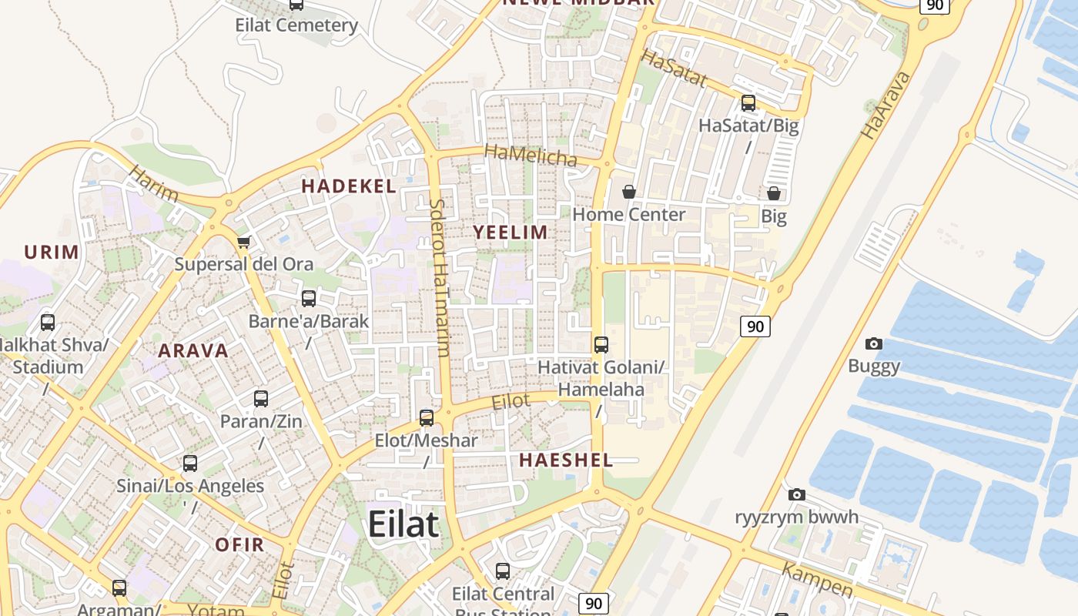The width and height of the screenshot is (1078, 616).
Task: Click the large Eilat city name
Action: point(403,524)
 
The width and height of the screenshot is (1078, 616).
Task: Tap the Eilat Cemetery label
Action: point(296,25)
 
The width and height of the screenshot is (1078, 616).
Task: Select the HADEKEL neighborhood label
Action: point(349,186)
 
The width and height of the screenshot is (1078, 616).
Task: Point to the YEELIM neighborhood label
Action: point(510,232)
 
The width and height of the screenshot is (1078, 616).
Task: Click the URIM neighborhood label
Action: point(52,252)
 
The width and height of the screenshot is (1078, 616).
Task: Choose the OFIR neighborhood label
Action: point(239,544)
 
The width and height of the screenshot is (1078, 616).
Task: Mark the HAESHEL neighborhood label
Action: point(566,460)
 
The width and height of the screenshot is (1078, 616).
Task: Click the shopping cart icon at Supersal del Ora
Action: point(244,243)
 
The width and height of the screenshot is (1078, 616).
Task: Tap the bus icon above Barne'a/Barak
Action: point(309,299)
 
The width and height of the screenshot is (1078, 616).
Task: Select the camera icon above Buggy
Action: point(874,343)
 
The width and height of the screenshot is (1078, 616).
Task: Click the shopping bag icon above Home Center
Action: point(629,192)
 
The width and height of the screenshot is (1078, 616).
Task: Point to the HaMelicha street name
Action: point(531,156)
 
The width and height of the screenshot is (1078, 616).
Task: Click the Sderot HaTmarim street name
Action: point(440,277)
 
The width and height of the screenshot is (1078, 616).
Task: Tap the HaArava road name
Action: point(885,105)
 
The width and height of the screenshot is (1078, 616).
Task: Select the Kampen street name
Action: point(817,580)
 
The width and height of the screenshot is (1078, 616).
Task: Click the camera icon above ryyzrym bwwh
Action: point(797,494)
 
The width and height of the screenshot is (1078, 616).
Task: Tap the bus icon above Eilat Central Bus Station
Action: point(503,571)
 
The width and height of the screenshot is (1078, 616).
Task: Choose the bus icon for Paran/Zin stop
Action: point(261,399)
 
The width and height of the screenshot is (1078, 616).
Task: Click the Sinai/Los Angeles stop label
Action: point(190,487)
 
